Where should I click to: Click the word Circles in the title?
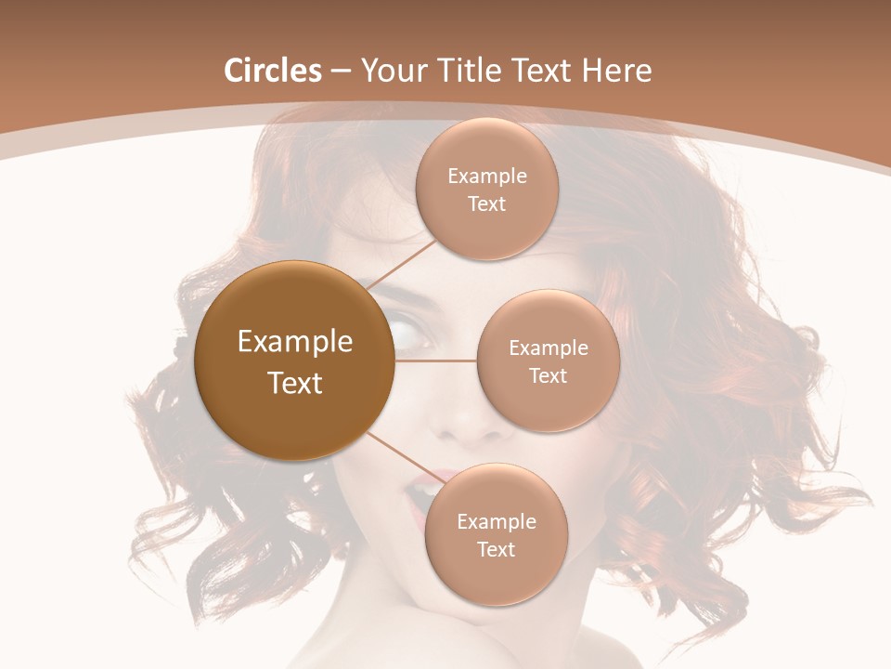tap(272, 71)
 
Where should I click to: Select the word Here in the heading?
tap(616, 71)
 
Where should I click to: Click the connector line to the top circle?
tap(401, 262)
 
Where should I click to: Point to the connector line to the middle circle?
tap(436, 361)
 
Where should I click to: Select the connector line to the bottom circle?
tap(399, 454)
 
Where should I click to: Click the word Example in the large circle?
tap(295, 342)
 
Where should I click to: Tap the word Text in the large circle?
tap(295, 383)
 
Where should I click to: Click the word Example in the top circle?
tap(487, 177)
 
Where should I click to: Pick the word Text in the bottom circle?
tap(496, 549)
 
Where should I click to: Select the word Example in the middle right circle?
tap(549, 348)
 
